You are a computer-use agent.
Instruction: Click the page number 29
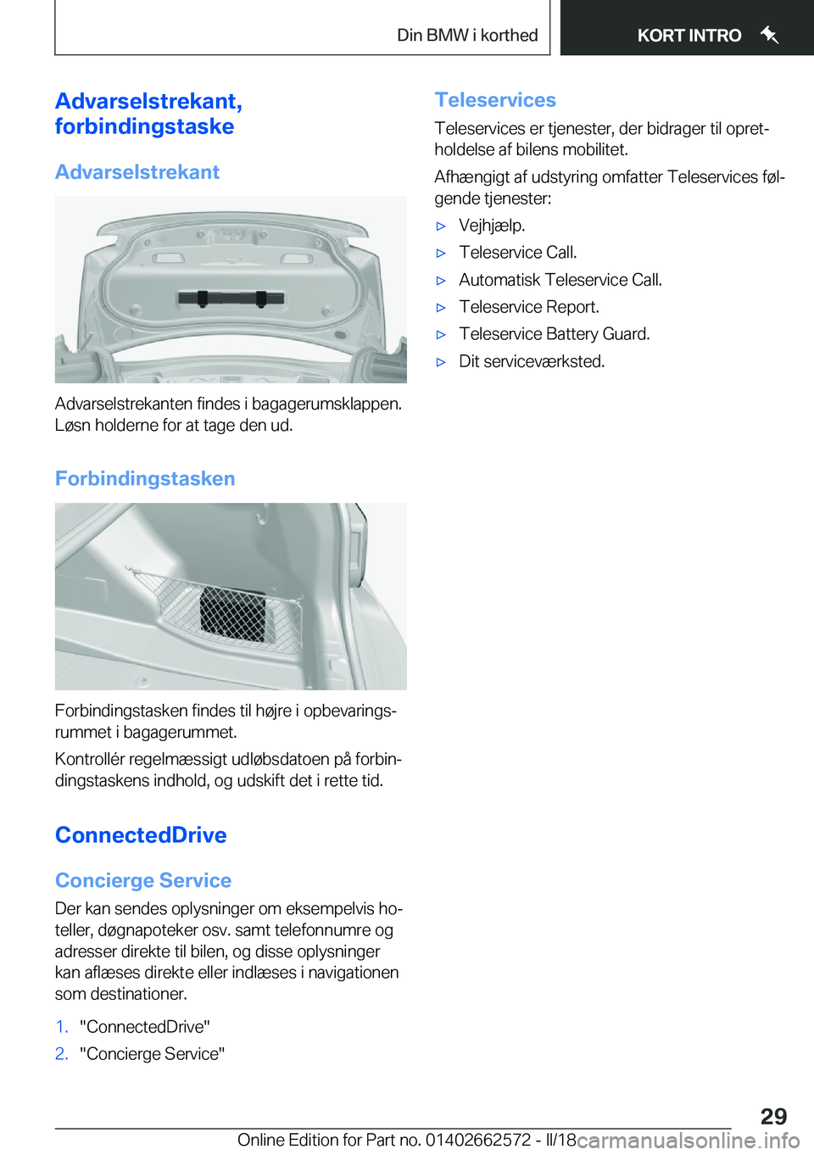772,1115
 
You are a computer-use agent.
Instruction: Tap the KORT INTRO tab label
689,36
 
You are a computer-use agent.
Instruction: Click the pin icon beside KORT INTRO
769,35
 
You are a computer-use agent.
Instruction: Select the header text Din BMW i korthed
467,36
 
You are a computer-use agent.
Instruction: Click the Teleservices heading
495,100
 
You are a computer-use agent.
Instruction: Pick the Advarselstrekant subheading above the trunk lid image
137,172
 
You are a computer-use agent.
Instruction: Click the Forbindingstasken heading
145,478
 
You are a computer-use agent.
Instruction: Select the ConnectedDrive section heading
141,835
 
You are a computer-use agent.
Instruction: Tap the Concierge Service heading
143,880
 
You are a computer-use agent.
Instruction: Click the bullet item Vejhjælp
492,226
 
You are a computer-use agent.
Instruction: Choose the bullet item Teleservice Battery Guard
554,334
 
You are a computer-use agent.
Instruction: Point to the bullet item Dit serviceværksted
532,361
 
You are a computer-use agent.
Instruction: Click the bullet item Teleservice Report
528,307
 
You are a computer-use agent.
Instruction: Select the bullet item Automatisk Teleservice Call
560,280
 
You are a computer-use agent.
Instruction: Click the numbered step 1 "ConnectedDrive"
144,1027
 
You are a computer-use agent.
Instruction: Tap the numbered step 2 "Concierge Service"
152,1054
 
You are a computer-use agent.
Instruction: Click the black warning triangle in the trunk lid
231,298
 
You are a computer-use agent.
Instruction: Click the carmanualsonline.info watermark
688,1141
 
